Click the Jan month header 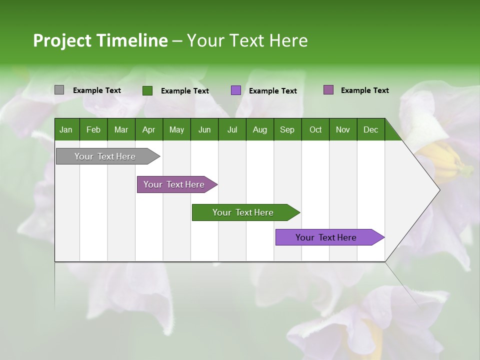tap(66, 129)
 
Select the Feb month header tap(93, 129)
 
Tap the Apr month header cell tap(149, 129)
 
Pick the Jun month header tap(204, 129)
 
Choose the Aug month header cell tap(260, 129)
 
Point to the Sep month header tap(287, 129)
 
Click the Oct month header tap(315, 129)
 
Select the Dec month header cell tap(371, 129)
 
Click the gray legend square tap(59, 90)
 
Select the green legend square tap(147, 90)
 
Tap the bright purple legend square tap(236, 90)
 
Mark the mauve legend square tap(328, 90)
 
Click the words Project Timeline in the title tap(100, 40)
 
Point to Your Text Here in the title tap(247, 40)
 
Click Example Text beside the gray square tap(97, 90)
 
